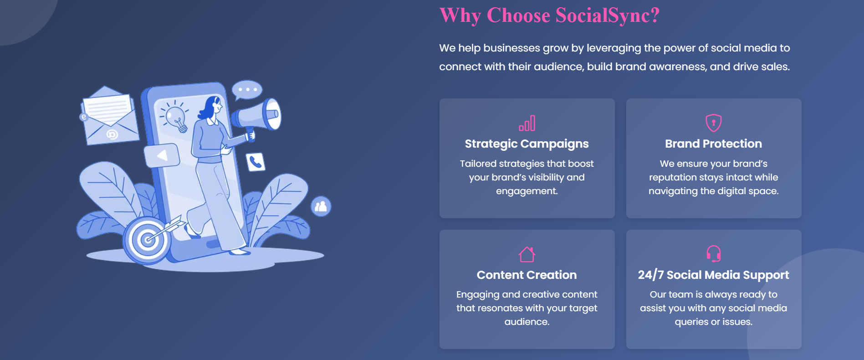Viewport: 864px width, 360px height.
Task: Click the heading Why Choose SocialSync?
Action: tap(549, 15)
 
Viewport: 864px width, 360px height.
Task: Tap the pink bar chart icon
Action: tap(527, 123)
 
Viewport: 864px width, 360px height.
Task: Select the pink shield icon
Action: tap(713, 123)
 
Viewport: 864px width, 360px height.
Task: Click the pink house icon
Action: tap(527, 254)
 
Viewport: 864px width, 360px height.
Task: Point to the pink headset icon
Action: tap(713, 254)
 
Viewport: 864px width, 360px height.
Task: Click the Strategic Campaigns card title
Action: tap(527, 144)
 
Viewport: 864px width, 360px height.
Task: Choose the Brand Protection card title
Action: tap(713, 144)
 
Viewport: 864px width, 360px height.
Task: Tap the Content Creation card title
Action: tap(527, 275)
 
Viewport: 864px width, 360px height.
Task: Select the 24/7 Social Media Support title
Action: tap(713, 275)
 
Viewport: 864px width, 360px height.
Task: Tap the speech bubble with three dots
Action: tap(247, 90)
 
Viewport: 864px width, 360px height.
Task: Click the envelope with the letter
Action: tap(109, 116)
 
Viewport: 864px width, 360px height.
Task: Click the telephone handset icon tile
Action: tap(256, 162)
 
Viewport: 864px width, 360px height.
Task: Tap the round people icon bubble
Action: tap(321, 206)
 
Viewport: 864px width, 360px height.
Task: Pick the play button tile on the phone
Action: tap(162, 155)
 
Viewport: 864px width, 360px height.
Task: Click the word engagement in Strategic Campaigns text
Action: tap(527, 191)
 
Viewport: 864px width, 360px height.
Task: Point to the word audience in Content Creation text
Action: tap(526, 322)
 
